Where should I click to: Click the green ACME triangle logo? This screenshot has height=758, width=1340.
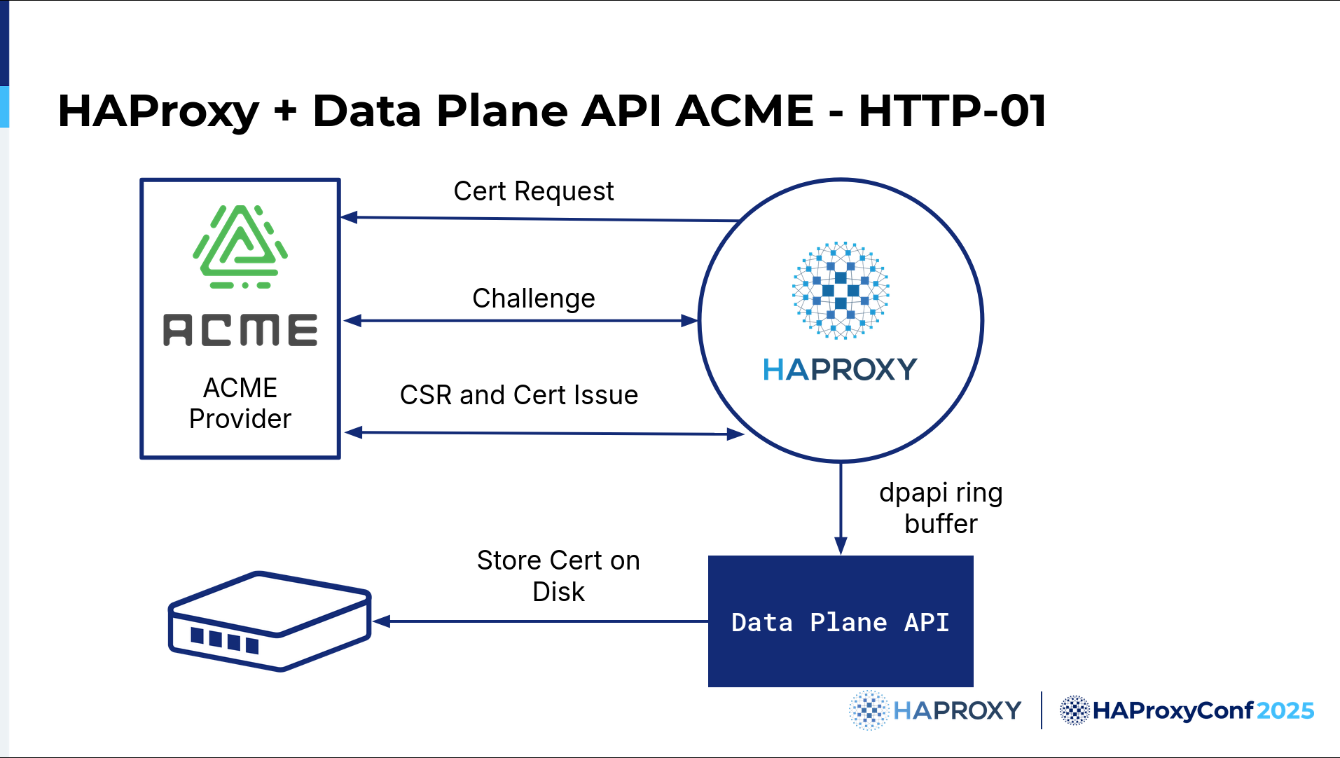240,247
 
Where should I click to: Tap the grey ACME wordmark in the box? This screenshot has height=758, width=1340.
240,330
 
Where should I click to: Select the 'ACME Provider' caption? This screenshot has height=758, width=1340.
240,403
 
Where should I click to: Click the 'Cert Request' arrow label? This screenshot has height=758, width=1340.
534,191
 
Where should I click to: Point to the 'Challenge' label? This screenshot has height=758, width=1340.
534,298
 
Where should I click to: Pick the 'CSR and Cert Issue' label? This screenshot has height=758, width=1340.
519,395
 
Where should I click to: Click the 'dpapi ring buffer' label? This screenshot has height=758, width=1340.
941,508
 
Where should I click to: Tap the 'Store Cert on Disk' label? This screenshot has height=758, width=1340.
558,576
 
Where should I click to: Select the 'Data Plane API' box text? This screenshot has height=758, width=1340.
841,622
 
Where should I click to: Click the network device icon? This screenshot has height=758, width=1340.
270,621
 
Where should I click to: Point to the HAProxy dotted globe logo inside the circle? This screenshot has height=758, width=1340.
841,290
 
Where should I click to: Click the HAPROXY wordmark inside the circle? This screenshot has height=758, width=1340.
840,369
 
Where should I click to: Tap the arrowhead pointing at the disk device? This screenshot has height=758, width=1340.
381,621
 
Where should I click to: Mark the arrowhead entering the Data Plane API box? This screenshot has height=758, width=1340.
841,546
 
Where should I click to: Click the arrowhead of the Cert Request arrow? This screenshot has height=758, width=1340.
349,217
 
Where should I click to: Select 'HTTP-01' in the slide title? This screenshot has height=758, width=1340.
953,111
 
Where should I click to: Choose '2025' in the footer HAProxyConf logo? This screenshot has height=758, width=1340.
1285,710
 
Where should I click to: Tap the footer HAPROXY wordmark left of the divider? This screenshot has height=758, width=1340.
958,710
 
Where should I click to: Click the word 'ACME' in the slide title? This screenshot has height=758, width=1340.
745,111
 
